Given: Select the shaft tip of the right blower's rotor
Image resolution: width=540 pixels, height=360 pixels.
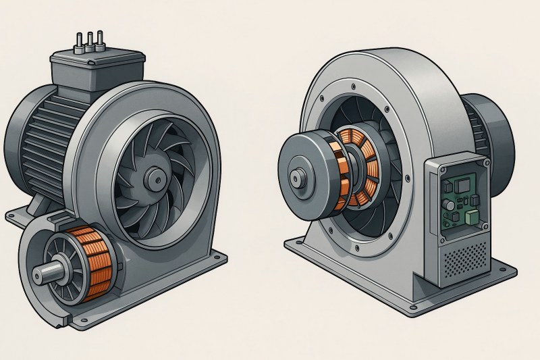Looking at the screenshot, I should pyautogui.click(x=296, y=178).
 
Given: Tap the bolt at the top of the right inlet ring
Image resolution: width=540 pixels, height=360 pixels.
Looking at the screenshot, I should pyautogui.click(x=353, y=87).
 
